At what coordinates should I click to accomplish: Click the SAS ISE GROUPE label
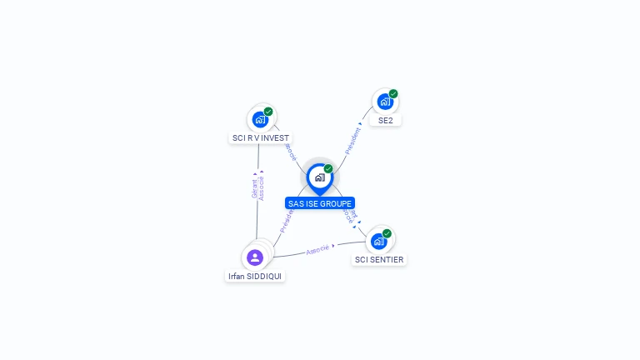point(320,203)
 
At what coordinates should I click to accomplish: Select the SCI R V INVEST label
point(261,138)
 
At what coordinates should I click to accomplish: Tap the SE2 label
point(385,120)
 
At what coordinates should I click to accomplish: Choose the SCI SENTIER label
point(379,260)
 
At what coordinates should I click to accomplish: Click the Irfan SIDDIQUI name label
point(255,276)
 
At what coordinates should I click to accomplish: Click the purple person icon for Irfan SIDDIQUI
point(255,257)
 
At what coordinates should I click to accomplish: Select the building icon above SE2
point(384,102)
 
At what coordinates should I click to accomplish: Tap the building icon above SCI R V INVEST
point(260,120)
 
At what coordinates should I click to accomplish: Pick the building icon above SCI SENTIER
point(379,242)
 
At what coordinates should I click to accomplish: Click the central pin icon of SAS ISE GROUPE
point(319,177)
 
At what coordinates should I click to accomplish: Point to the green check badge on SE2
point(393,93)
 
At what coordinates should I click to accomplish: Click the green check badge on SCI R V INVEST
point(268,112)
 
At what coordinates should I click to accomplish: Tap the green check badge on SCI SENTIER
point(387,233)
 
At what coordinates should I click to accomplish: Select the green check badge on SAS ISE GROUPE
point(328,168)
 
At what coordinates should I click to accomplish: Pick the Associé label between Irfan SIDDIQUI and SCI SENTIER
point(317,249)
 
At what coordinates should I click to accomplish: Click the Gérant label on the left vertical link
point(254,188)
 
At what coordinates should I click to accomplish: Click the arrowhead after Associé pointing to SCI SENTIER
point(333,246)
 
